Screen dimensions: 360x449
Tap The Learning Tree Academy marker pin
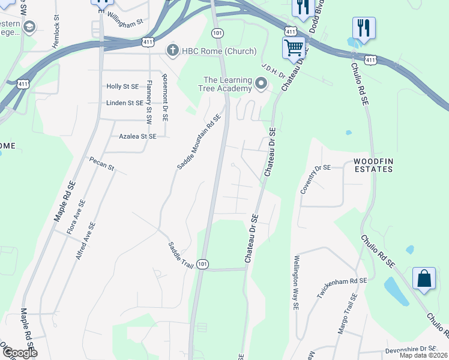click(261, 84)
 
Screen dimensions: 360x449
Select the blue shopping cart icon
click(294, 47)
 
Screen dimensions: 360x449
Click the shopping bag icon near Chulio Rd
click(424, 279)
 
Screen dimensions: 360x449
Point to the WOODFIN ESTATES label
click(373, 165)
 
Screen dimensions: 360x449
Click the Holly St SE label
click(122, 86)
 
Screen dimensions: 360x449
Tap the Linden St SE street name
click(124, 103)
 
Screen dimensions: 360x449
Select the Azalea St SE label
click(137, 136)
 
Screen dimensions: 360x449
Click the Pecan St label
click(101, 164)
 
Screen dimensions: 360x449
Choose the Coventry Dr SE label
click(315, 179)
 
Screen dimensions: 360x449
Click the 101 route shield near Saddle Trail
click(203, 265)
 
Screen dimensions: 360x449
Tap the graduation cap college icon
click(29, 27)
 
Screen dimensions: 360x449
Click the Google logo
click(19, 353)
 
